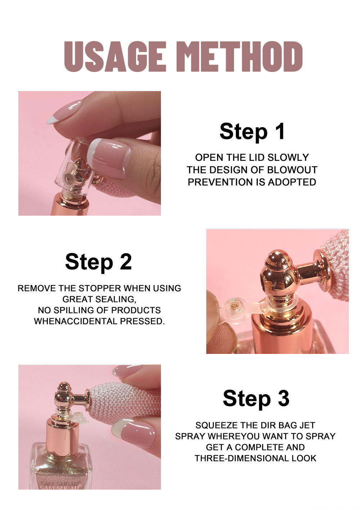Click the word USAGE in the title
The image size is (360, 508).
pyautogui.click(x=115, y=57)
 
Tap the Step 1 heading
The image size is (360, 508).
pyautogui.click(x=252, y=131)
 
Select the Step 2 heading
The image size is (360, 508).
pyautogui.click(x=98, y=262)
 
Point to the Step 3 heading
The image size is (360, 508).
pyautogui.click(x=256, y=399)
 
